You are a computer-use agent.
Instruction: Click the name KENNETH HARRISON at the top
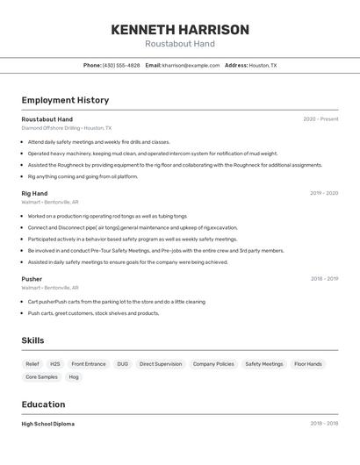pyautogui.click(x=180, y=30)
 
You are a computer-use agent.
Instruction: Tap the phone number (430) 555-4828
pyautogui.click(x=121, y=65)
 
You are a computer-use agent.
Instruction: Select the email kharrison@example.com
pyautogui.click(x=191, y=65)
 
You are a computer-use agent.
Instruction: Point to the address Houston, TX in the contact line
pyautogui.click(x=263, y=65)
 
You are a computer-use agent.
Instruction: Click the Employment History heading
pyautogui.click(x=65, y=101)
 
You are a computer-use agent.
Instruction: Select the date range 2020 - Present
pyautogui.click(x=320, y=119)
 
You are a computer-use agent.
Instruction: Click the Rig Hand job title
pyautogui.click(x=34, y=193)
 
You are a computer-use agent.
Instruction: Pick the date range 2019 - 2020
pyautogui.click(x=324, y=193)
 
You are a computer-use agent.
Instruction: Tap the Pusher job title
pyautogui.click(x=32, y=279)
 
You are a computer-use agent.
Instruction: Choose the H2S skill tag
pyautogui.click(x=55, y=363)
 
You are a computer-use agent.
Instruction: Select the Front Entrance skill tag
pyautogui.click(x=89, y=363)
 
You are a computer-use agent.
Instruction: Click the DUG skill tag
pyautogui.click(x=122, y=363)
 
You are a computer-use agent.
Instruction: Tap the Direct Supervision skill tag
pyautogui.click(x=161, y=363)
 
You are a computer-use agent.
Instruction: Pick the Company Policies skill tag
pyautogui.click(x=213, y=363)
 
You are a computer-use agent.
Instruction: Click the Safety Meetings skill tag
pyautogui.click(x=264, y=363)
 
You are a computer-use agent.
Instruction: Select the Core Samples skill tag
pyautogui.click(x=41, y=376)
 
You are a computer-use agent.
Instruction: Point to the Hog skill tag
pyautogui.click(x=74, y=376)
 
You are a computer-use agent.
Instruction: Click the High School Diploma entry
pyautogui.click(x=48, y=424)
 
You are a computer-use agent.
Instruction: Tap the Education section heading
pyautogui.click(x=44, y=404)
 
